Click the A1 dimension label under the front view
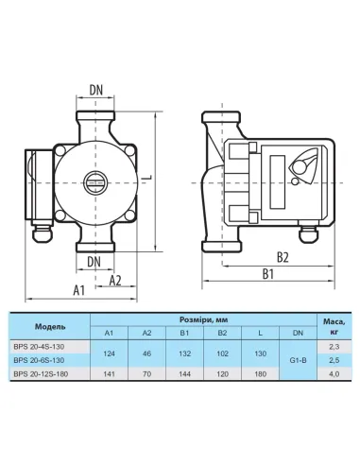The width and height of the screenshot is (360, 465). (79, 290)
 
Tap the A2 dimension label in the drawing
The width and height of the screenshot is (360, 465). (115, 281)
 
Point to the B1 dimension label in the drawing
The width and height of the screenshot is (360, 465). (268, 274)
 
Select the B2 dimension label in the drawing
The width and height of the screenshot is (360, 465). (283, 257)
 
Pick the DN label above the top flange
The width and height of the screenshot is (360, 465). (96, 90)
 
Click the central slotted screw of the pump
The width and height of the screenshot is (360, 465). (95, 182)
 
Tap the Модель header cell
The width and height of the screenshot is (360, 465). (50, 326)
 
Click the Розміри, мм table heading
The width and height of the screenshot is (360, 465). (203, 320)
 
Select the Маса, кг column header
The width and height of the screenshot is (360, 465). (334, 327)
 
